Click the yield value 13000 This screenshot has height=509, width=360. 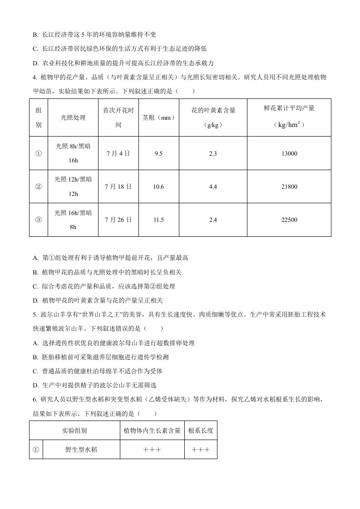[289, 154]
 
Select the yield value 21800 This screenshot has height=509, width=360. [289, 187]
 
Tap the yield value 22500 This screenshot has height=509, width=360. [289, 220]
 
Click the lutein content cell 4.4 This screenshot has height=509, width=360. [213, 187]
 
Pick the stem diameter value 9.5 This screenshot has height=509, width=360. [158, 154]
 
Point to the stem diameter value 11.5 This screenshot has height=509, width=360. [158, 220]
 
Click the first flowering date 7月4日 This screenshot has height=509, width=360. [118, 154]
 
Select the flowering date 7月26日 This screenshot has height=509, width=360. [118, 220]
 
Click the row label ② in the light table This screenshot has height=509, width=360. [38, 187]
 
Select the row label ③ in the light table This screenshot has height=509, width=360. [38, 220]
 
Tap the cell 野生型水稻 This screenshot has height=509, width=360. [81, 450]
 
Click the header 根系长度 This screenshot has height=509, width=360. [201, 431]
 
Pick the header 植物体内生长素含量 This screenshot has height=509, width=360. [152, 431]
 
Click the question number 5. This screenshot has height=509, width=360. [35, 314]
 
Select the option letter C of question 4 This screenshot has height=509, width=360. [35, 286]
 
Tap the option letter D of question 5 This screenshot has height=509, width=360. [35, 385]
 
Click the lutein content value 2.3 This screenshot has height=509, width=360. [213, 154]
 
